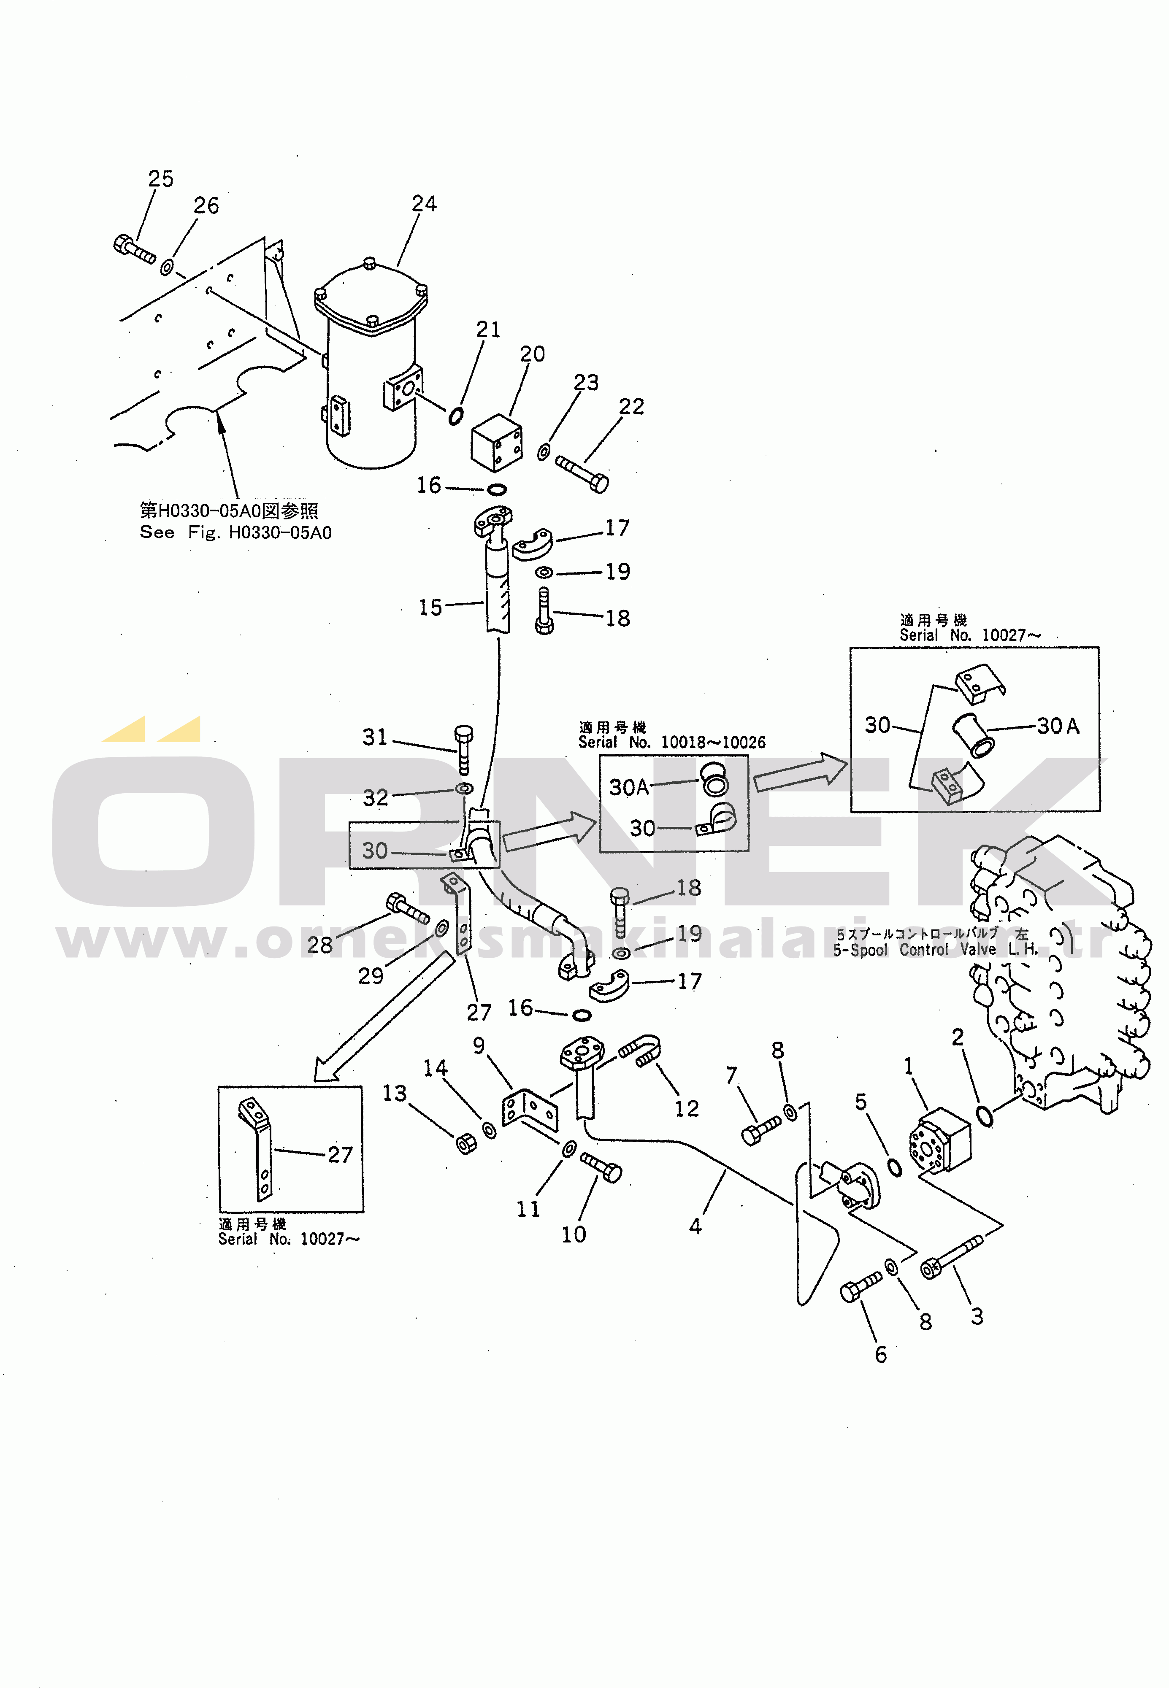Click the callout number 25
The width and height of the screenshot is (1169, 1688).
point(160,179)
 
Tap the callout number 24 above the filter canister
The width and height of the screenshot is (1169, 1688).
point(424,204)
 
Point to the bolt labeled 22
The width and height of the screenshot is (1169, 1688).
point(582,473)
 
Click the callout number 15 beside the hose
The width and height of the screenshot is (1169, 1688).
point(430,607)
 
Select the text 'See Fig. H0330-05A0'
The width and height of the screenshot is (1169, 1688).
point(235,532)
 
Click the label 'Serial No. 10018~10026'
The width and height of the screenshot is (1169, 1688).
point(672,742)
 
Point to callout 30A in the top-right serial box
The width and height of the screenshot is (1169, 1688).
point(1058,726)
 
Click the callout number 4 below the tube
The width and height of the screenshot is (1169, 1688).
point(695,1226)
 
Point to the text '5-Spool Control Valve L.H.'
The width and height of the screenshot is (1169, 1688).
point(935,950)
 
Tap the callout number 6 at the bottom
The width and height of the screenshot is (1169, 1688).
point(880,1354)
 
